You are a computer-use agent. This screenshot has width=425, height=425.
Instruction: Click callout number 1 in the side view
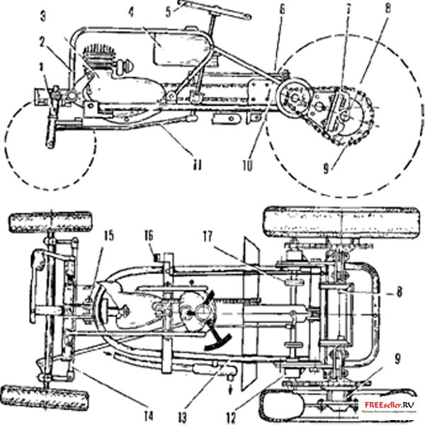[x=42, y=68]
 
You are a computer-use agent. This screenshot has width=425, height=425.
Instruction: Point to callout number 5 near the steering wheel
[x=168, y=11]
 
